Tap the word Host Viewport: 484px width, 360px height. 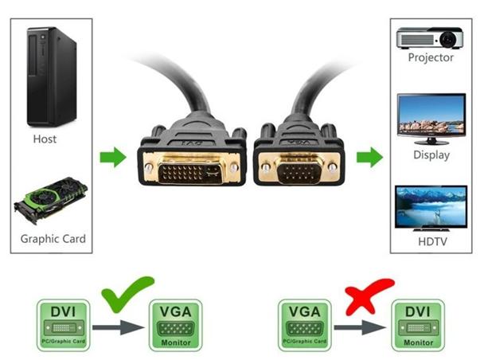[x=45, y=139]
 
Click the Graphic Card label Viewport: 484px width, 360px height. [x=53, y=239]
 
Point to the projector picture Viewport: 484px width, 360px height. [x=431, y=37]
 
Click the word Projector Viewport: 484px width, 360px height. [x=431, y=57]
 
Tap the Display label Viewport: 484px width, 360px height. [x=431, y=155]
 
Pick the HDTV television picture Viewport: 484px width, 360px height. [x=431, y=208]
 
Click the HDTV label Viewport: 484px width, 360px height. [x=431, y=241]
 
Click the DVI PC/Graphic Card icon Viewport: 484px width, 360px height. [x=64, y=323]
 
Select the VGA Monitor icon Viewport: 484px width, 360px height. [x=175, y=323]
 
